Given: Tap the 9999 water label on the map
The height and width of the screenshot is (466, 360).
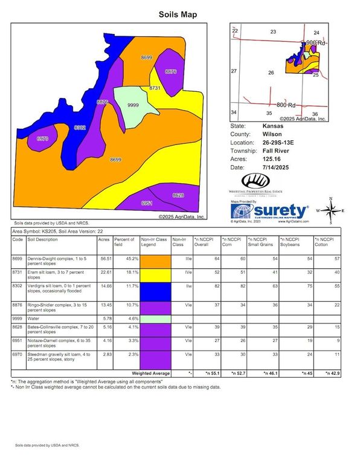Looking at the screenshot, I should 133,106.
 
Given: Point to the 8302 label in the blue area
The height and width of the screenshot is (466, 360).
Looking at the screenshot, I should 80,128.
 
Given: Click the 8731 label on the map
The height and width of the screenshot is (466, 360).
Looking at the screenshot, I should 155,88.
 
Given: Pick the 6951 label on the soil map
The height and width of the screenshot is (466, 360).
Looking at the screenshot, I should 147,204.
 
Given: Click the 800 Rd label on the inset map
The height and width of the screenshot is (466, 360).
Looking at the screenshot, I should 286,105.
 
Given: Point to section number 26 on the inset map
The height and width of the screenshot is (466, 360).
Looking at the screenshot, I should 271,73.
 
